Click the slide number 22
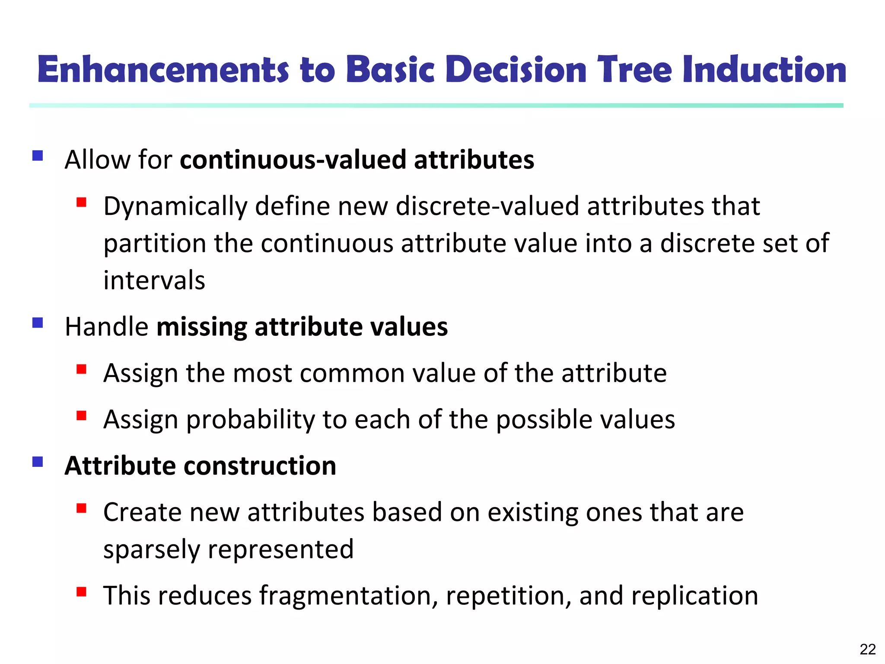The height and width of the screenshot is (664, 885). point(867,649)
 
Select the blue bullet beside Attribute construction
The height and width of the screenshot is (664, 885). point(38,462)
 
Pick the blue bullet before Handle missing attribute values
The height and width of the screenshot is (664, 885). point(38,323)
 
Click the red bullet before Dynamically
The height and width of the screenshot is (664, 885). point(81,202)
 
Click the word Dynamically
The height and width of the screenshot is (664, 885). point(175,207)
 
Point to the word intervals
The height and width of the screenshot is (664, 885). point(154,281)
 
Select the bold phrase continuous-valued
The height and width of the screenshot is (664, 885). point(293,160)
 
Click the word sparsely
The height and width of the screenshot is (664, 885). point(152,550)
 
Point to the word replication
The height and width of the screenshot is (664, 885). point(694,596)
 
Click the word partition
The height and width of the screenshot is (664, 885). point(154,244)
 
